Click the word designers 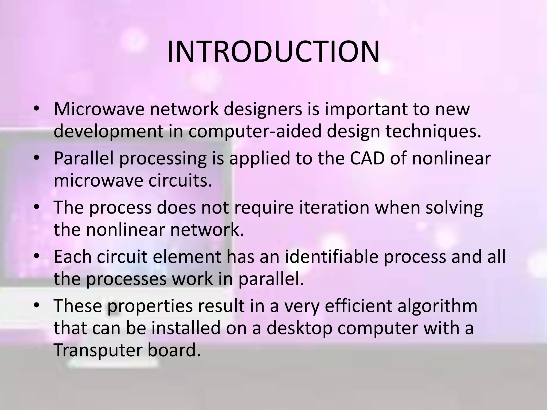click(x=271, y=109)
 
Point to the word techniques click(x=433, y=132)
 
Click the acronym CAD click(x=367, y=158)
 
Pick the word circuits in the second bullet click(x=180, y=180)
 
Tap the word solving click(x=454, y=207)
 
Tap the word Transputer click(x=98, y=350)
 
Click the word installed click(x=186, y=328)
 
